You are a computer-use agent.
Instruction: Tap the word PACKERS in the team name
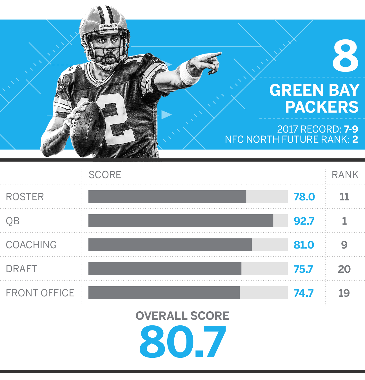[x=322, y=107]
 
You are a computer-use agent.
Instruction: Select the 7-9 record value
[x=351, y=129]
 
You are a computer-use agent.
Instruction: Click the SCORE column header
[x=105, y=175]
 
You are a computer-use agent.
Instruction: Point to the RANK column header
[x=345, y=175]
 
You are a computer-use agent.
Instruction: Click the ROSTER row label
[x=25, y=197]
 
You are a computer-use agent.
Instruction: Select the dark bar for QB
[x=181, y=221]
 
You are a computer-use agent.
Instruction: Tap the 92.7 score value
[x=304, y=221]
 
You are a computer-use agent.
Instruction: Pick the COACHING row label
[x=31, y=245]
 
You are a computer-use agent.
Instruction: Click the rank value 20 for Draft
[x=344, y=269]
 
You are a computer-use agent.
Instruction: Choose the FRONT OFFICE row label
[x=40, y=293]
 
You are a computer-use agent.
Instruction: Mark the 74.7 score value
[x=303, y=293]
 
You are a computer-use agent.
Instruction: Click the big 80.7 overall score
[x=182, y=341]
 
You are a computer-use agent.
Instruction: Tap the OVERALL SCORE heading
[x=182, y=316]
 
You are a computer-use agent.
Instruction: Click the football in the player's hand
[x=87, y=129]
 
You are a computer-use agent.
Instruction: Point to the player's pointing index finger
[x=212, y=55]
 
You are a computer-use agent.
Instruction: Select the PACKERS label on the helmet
[x=108, y=26]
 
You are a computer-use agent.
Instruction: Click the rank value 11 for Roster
[x=344, y=197]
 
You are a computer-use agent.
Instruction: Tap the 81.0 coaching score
[x=304, y=245]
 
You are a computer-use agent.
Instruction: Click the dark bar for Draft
[x=165, y=269]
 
